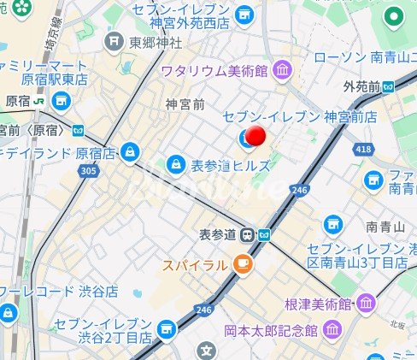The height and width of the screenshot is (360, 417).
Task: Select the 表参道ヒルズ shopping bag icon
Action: (175, 162)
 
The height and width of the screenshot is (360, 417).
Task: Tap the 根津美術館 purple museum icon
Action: (367, 304)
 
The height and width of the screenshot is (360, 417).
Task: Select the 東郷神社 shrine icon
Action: (117, 42)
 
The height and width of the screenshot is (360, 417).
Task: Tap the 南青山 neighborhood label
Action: (384, 227)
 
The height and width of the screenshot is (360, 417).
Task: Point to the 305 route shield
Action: (86, 170)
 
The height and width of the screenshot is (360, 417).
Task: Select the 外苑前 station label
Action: (361, 86)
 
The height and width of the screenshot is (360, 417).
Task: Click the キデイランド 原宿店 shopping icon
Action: (128, 153)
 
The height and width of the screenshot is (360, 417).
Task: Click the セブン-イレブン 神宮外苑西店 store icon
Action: (244, 15)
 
